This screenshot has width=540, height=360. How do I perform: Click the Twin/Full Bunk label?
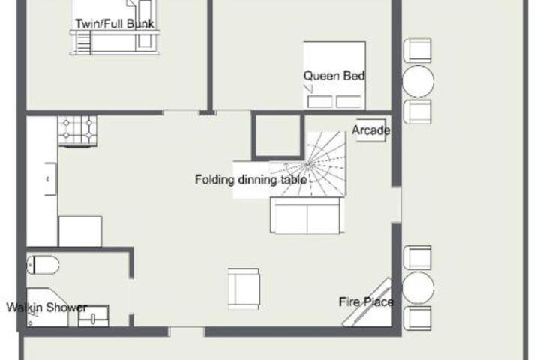115,24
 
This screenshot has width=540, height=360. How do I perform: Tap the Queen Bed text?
334,76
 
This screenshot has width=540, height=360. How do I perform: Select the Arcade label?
371,130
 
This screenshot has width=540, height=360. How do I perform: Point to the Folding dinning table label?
250,179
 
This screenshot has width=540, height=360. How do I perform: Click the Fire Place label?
366,301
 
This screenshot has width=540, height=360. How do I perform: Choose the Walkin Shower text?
46,307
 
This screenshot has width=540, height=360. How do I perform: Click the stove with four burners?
77,131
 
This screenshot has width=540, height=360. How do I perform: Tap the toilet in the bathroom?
43,265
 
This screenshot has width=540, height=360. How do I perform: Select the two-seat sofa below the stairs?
307,216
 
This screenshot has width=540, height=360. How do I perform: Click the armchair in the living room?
244,289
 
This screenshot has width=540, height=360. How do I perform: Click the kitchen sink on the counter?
50,179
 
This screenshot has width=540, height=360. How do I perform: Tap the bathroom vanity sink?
93,316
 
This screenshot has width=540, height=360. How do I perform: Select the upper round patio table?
418,81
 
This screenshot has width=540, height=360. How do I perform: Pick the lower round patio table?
418,288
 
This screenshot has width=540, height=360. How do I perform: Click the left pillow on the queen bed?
320,102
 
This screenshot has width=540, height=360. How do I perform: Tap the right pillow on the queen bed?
349,102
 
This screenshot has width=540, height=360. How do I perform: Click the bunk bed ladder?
83,43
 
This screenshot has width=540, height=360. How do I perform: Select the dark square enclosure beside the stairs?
278,136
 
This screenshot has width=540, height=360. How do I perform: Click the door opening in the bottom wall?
186,331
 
